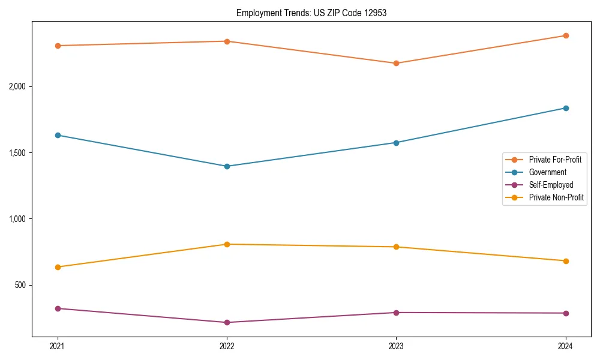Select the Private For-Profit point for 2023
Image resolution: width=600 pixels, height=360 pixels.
pyautogui.click(x=396, y=63)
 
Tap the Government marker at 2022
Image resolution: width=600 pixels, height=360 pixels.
pyautogui.click(x=227, y=166)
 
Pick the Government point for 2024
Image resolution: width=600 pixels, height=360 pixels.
pyautogui.click(x=566, y=108)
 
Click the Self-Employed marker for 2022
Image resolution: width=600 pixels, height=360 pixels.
pyautogui.click(x=227, y=322)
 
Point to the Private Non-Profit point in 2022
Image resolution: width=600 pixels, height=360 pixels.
pyautogui.click(x=227, y=244)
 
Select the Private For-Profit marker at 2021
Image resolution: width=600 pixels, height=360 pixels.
pyautogui.click(x=58, y=46)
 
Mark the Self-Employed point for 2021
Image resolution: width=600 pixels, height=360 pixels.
pyautogui.click(x=58, y=308)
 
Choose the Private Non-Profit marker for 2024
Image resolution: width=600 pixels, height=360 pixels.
pyautogui.click(x=566, y=261)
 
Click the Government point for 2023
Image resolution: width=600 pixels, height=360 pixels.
pyautogui.click(x=396, y=143)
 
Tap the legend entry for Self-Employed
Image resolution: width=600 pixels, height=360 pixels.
pyautogui.click(x=551, y=185)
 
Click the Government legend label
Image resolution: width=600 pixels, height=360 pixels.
pyautogui.click(x=547, y=172)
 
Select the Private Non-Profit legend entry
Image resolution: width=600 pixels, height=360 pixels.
pyautogui.click(x=556, y=197)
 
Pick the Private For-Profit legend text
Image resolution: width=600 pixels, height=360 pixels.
pyautogui.click(x=555, y=160)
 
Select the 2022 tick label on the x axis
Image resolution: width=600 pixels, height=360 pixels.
pyautogui.click(x=227, y=346)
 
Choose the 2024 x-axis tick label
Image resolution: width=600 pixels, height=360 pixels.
pyautogui.click(x=566, y=346)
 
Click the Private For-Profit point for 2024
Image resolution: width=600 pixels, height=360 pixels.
pyautogui.click(x=566, y=35)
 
